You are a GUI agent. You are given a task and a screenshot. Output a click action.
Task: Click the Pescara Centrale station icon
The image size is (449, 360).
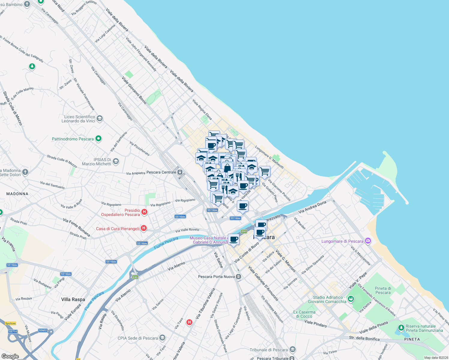pos(180,172)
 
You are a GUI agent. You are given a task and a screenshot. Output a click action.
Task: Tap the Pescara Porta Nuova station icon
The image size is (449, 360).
pos(238,277)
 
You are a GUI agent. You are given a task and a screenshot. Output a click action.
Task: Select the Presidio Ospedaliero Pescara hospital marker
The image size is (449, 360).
pos(144,212)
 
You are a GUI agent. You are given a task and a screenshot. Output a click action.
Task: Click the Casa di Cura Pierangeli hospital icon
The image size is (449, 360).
pos(144,228)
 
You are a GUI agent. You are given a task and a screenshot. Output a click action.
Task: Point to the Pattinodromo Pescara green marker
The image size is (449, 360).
pos(98,139)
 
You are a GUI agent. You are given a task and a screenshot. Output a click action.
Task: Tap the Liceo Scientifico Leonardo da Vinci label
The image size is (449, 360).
pos(78,119)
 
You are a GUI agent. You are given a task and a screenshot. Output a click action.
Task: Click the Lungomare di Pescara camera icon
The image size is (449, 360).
pos(368,241)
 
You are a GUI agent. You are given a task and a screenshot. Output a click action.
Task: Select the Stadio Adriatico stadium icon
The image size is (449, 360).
pos(351,299)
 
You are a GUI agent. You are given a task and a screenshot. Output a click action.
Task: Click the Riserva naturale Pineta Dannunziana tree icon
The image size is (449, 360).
pos(401,328)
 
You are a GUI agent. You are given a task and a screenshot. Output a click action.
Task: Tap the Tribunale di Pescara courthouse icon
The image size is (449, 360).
pos(293,349)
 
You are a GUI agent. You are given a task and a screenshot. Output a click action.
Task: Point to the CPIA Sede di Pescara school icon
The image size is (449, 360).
pos(162,338)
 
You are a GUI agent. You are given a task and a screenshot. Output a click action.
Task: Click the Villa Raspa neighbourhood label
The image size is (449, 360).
pos(73,299)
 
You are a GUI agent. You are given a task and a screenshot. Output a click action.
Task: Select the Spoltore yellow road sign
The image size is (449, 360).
pos(11,323)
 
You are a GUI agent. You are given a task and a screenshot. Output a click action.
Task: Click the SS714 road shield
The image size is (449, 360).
pos(13,331)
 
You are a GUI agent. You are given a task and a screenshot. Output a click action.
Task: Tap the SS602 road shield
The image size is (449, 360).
pos(43,330)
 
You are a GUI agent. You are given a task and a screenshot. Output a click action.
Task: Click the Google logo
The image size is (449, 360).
pos(10,356)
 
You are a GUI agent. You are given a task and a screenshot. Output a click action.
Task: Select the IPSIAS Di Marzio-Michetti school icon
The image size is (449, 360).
pos(116,161)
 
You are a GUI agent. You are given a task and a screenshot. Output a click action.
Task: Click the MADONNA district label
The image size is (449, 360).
pos(17,194)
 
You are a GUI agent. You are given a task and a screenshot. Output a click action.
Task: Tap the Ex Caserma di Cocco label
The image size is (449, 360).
pos(305,314)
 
